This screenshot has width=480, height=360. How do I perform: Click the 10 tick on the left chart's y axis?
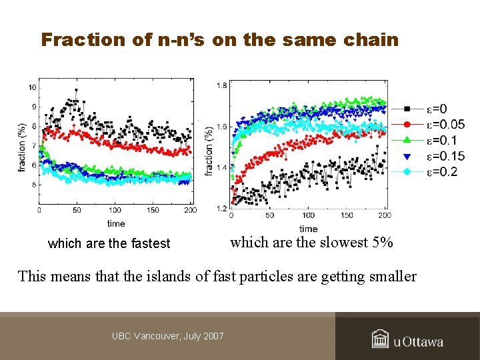[32, 88]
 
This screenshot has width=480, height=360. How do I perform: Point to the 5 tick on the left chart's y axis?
[33, 185]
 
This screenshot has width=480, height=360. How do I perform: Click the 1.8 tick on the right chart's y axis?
[222, 85]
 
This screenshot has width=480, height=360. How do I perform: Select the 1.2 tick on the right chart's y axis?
[222, 209]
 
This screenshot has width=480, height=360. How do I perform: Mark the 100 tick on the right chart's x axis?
[309, 216]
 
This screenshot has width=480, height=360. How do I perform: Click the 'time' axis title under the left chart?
[115, 223]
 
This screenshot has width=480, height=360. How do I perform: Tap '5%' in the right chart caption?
[383, 243]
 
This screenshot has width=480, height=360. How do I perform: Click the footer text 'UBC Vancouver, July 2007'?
[168, 336]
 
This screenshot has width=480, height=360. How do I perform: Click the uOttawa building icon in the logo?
[381, 339]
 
